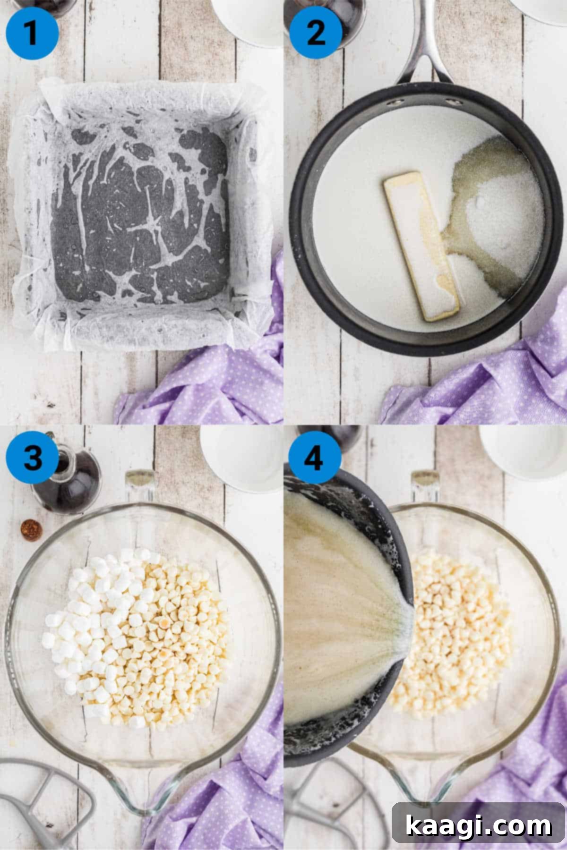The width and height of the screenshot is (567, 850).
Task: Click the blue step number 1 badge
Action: (x=32, y=33)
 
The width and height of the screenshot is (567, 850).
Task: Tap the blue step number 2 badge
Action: (x=316, y=33)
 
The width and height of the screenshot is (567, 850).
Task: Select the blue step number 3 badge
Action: (x=32, y=457)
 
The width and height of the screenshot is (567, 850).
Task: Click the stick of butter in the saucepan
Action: (x=421, y=246)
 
